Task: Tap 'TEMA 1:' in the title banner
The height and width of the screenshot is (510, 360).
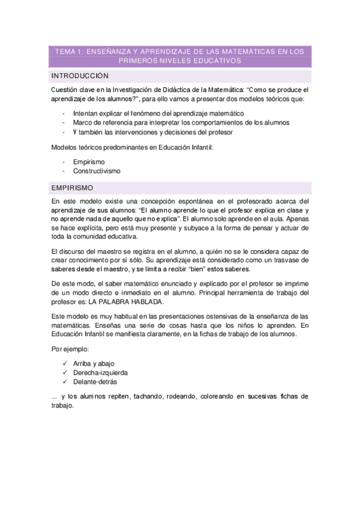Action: click(69, 52)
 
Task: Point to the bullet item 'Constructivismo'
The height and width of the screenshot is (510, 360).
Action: click(96, 171)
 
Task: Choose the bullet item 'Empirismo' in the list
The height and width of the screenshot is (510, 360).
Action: click(88, 162)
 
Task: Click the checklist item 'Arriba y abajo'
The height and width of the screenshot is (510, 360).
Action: click(94, 363)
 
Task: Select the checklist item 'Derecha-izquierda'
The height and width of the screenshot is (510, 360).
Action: click(100, 372)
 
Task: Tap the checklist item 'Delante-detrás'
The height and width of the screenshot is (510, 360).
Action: click(94, 381)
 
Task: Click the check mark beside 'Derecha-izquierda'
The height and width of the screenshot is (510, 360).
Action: click(65, 372)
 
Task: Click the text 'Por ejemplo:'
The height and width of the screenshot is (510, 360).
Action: click(70, 349)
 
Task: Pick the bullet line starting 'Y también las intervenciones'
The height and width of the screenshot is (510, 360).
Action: click(153, 132)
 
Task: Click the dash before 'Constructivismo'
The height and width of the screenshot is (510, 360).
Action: click(64, 171)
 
